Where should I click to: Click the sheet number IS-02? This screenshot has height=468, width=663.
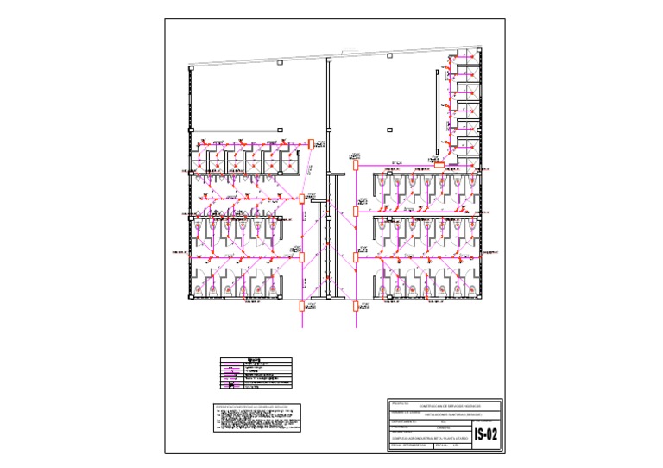coord(486,434)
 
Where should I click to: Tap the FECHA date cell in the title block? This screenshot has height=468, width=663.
coord(411,446)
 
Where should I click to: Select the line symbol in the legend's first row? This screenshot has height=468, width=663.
coord(231,364)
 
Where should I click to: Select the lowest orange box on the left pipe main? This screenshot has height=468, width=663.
coord(302,305)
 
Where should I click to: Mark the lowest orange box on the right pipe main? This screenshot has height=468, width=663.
coord(355,305)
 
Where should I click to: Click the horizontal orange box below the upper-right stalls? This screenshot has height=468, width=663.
coord(439,163)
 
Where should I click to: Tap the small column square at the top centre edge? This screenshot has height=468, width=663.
coord(389,56)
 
